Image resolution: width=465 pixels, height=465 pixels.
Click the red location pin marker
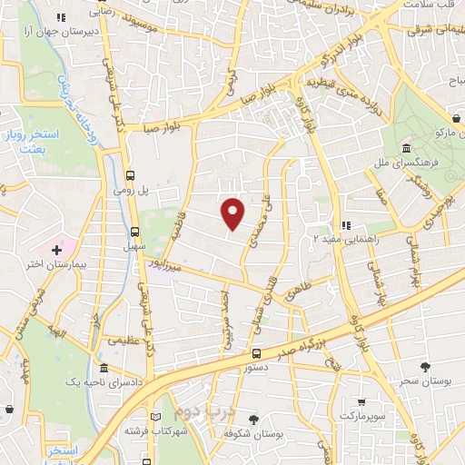point(233,213)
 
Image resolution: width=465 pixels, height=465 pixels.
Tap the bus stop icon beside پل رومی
point(132,175)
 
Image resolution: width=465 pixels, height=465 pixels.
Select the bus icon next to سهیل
point(135,232)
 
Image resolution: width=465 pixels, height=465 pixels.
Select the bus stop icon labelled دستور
point(257,354)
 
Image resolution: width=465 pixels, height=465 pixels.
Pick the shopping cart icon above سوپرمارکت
point(361,401)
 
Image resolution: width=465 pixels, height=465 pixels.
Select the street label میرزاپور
point(173,267)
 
